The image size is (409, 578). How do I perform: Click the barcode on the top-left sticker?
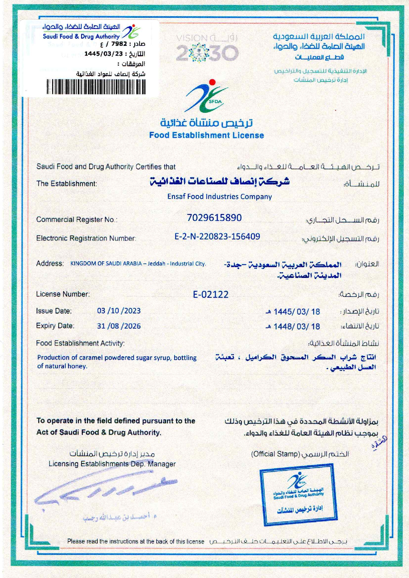coord(96,87)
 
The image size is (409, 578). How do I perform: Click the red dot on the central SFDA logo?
coord(212,82)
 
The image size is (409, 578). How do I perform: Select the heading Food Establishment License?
coord(206,135)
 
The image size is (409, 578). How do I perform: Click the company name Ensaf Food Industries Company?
coord(219,197)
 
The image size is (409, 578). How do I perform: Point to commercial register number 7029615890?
coord(214,218)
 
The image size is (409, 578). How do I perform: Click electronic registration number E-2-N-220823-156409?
coord(217,236)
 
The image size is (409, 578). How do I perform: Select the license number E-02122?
coord(210,294)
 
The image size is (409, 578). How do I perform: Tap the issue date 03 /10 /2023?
coord(119,311)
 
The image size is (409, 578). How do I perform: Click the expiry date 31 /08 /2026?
coord(119,326)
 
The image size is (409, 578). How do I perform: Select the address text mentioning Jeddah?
coord(138,264)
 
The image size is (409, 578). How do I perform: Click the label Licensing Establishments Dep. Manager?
coord(112,464)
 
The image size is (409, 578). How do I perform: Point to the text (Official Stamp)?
coord(275,454)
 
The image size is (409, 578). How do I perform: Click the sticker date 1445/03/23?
coord(103,54)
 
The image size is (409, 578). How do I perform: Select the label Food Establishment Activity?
coord(80,343)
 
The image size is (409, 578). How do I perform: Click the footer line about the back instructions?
coord(136,541)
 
